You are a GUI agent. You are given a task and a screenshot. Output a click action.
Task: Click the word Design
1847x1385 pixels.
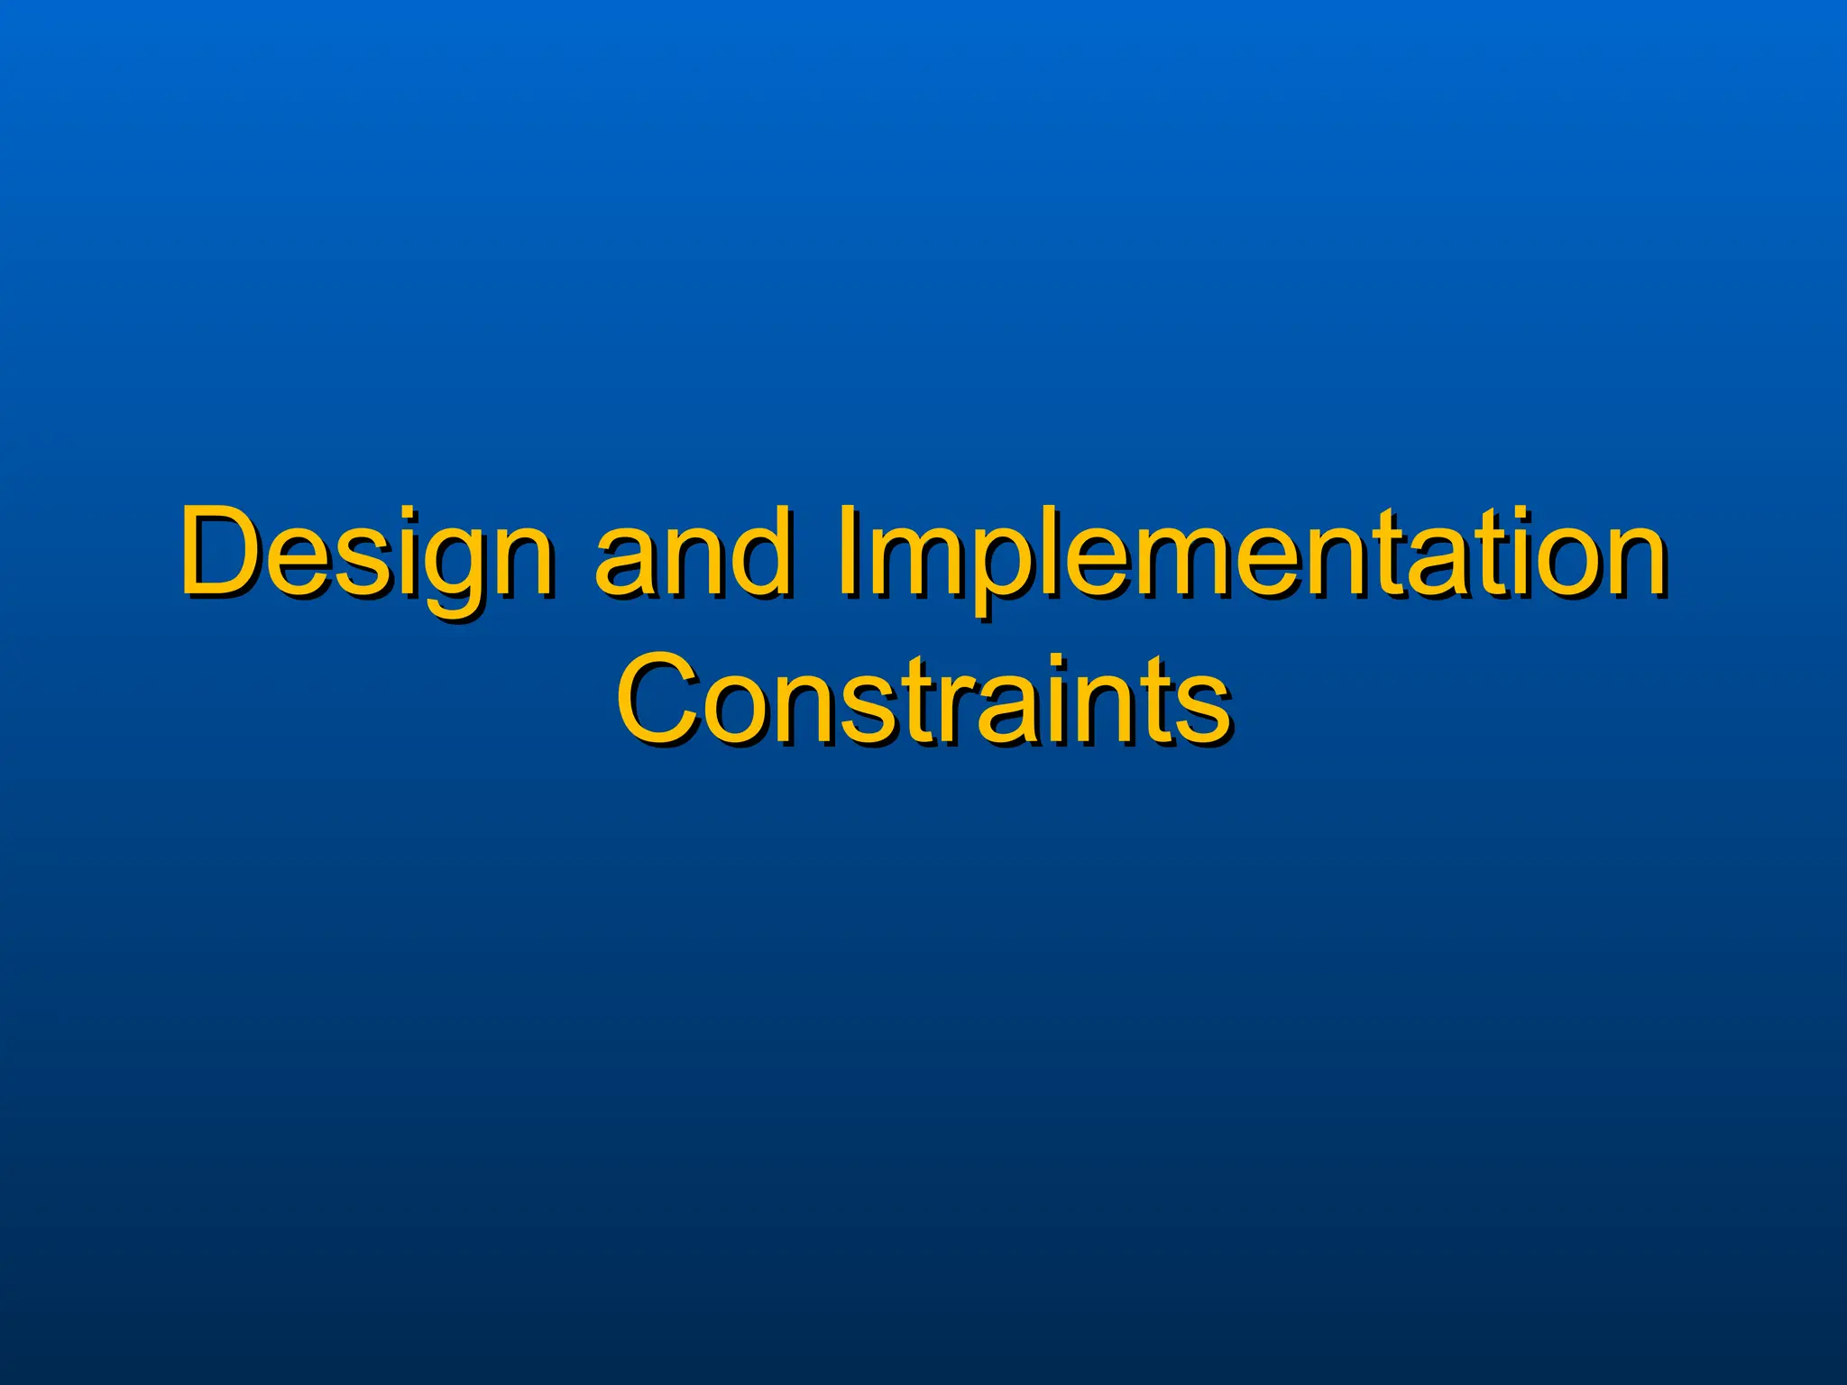[366, 552]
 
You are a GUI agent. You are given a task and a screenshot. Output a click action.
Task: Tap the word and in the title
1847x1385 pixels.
[693, 552]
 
